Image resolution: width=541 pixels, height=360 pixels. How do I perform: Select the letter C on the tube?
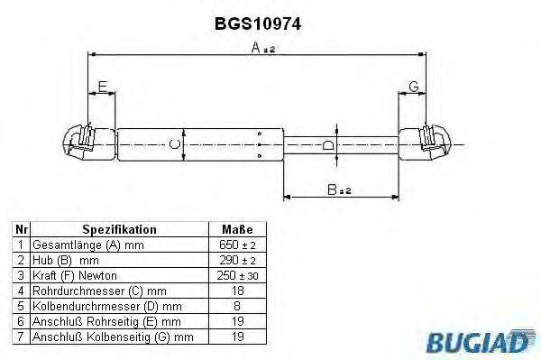coord(175,143)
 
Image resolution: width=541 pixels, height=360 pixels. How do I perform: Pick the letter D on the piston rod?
coord(328,144)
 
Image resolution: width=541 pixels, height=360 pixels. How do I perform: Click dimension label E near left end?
coord(102,87)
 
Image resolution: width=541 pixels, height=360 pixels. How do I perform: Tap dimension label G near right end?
coord(413,87)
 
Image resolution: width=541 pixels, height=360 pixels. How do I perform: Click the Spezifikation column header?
coord(120,229)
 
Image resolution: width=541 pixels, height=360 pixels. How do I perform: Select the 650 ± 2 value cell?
coord(236,245)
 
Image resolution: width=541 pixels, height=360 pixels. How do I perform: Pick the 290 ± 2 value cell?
coord(236,260)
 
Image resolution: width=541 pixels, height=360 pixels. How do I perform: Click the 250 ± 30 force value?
coord(236,275)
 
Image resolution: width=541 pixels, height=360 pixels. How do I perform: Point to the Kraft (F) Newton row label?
coord(75,275)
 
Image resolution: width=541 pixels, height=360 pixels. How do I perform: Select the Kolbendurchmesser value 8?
coord(236,306)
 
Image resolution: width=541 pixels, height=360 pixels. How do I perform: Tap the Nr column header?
coord(21,229)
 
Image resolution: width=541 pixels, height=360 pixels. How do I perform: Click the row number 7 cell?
coord(21,337)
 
